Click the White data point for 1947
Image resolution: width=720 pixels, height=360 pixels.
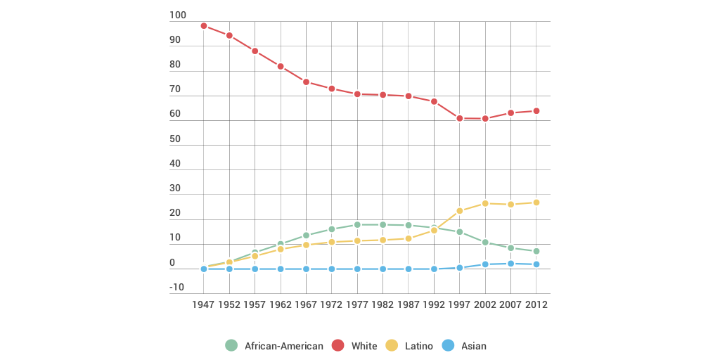(204, 26)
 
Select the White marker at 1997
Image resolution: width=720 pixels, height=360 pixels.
(460, 118)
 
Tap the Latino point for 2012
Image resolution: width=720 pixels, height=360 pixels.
(536, 202)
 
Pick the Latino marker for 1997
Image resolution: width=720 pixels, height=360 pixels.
(460, 211)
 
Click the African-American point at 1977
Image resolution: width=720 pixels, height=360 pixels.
(357, 225)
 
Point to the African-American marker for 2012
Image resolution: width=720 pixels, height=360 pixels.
(536, 251)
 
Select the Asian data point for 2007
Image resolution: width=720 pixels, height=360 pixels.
(510, 264)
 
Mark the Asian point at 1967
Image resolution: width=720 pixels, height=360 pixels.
(306, 269)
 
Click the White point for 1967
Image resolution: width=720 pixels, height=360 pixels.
(306, 82)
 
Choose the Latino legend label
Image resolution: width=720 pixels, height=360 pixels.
(419, 346)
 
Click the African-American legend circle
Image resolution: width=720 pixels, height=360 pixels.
(231, 345)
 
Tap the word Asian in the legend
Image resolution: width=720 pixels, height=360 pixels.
(473, 346)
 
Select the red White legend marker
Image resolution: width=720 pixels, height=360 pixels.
(338, 345)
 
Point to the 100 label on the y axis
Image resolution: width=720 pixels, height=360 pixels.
(178, 15)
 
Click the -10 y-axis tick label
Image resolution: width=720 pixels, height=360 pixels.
(176, 287)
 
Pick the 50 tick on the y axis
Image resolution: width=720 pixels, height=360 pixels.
(175, 139)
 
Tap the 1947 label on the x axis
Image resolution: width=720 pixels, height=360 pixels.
(204, 305)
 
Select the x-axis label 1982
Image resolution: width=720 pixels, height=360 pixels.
(382, 305)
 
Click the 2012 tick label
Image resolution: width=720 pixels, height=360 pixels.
(536, 305)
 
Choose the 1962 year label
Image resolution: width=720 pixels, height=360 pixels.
(281, 305)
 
